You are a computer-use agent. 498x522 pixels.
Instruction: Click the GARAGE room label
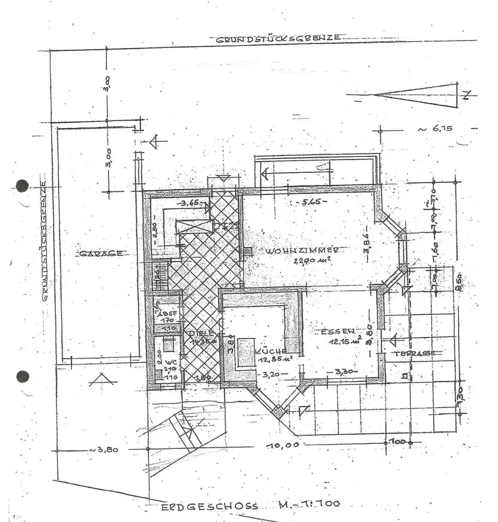pos(101,254)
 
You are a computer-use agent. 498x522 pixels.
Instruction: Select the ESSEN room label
pos(338,331)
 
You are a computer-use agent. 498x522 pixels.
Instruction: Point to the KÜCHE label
pos(271,351)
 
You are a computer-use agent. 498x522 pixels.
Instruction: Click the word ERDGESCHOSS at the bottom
pos(209,506)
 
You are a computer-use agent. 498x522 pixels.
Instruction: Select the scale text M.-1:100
pos(309,504)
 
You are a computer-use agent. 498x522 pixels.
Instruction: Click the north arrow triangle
pos(418,95)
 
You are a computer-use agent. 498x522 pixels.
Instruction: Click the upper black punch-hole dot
pos(22,185)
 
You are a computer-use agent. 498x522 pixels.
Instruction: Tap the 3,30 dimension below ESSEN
pos(341,372)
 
